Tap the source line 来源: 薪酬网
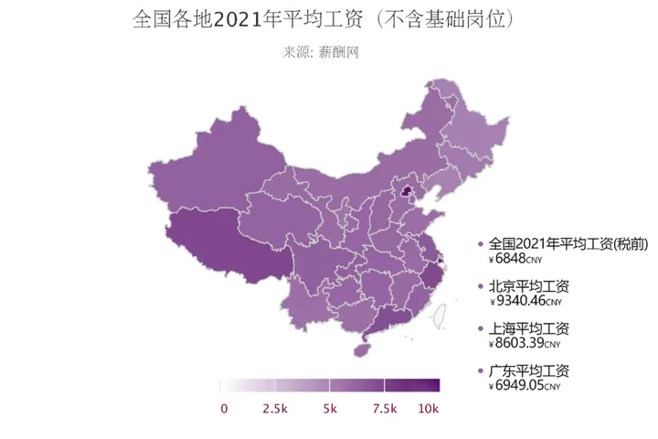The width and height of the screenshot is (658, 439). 321,52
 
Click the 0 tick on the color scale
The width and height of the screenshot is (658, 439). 224,409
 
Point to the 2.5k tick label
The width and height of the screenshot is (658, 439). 275,409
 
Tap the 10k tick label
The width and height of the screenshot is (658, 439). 429,409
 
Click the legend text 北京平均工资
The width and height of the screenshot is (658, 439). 529,286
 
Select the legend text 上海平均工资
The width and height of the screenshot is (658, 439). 529,328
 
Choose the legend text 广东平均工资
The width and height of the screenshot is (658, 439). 529,370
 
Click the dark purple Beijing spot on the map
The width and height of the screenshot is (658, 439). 406,192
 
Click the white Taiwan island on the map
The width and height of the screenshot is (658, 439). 439,316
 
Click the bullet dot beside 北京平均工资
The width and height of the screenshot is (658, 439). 481,286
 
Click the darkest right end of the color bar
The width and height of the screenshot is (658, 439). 435,385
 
